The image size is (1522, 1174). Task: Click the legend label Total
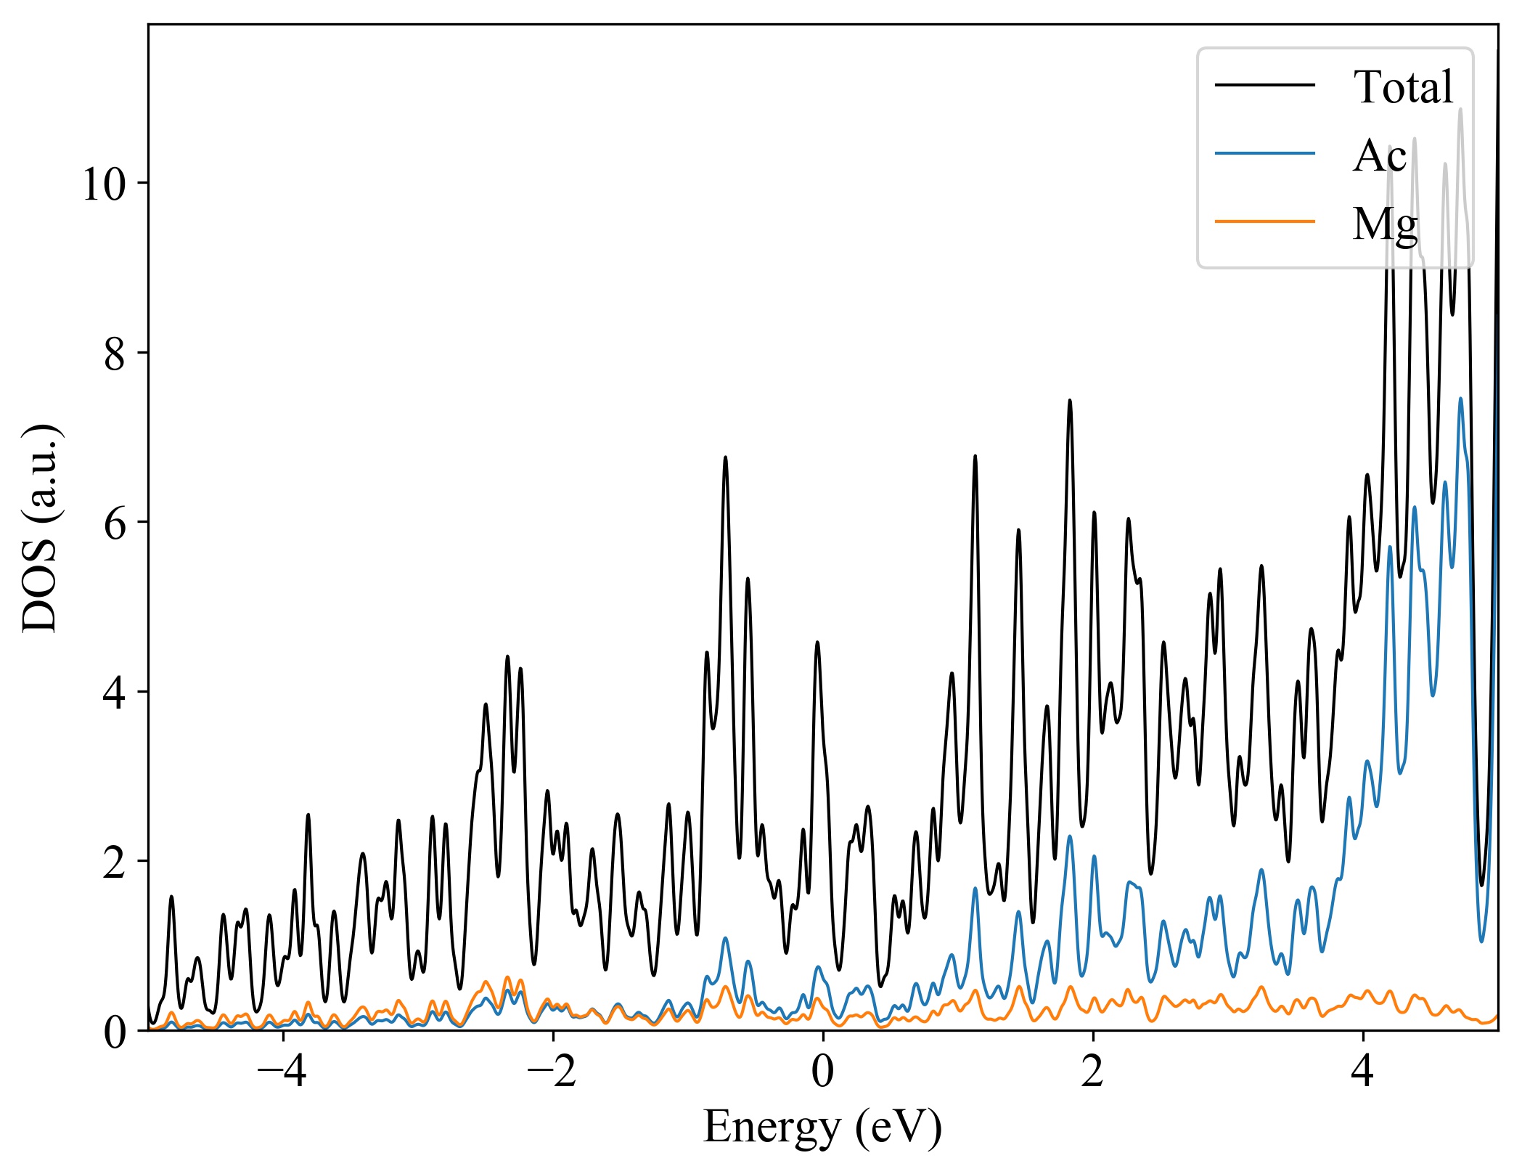pyautogui.click(x=1403, y=87)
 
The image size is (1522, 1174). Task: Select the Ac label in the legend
pyautogui.click(x=1379, y=155)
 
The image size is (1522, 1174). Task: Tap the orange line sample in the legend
pyautogui.click(x=1265, y=221)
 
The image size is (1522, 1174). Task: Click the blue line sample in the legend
pyautogui.click(x=1265, y=153)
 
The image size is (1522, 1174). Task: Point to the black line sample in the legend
pyautogui.click(x=1265, y=85)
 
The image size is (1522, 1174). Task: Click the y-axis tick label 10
pyautogui.click(x=105, y=184)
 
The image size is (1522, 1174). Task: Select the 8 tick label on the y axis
pyautogui.click(x=115, y=354)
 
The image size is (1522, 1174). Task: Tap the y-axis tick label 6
pyautogui.click(x=115, y=523)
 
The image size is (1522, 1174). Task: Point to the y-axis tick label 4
pyautogui.click(x=115, y=693)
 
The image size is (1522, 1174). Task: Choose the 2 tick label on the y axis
pyautogui.click(x=115, y=862)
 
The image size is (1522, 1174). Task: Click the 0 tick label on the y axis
pyautogui.click(x=115, y=1032)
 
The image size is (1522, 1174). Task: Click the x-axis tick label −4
pyautogui.click(x=282, y=1072)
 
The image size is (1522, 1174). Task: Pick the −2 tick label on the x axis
pyautogui.click(x=552, y=1072)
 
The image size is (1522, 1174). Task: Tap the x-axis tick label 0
pyautogui.click(x=822, y=1072)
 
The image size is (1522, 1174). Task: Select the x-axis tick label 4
pyautogui.click(x=1363, y=1072)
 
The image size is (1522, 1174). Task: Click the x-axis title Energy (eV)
pyautogui.click(x=822, y=1128)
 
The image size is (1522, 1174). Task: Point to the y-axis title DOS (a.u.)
pyautogui.click(x=39, y=527)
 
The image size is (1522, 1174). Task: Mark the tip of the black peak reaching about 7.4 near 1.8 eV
pyautogui.click(x=1069, y=400)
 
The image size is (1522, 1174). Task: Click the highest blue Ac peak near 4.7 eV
pyautogui.click(x=1460, y=399)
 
